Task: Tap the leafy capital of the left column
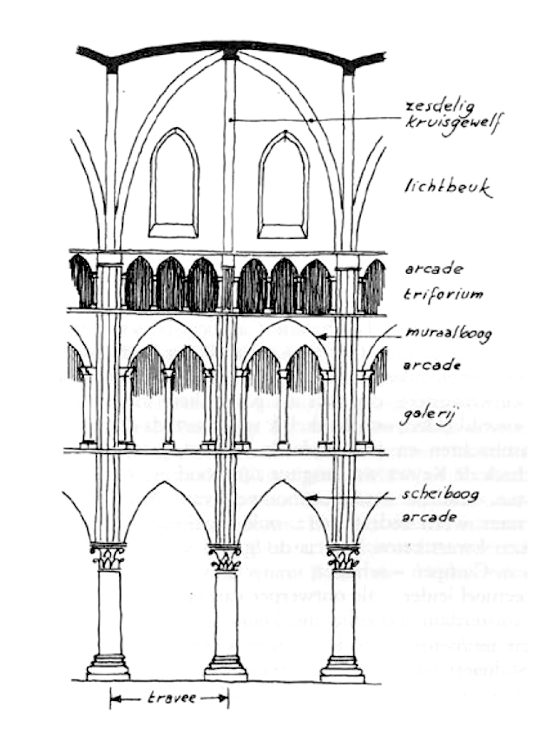(x=108, y=557)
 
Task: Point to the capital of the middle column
(x=225, y=557)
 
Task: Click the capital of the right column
(x=342, y=557)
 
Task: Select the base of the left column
(x=108, y=665)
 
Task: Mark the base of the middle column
(x=225, y=666)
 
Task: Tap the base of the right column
(x=342, y=666)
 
